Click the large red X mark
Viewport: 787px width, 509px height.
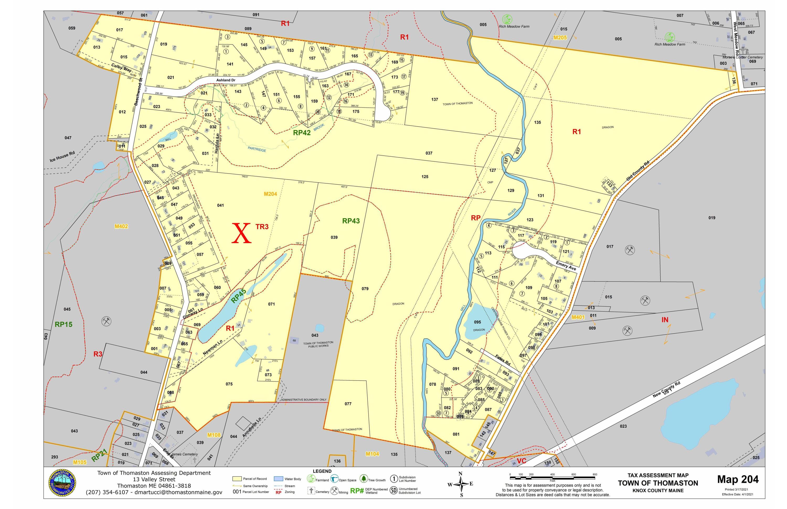coord(241,233)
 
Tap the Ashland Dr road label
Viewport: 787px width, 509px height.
coord(226,80)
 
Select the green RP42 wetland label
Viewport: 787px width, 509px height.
coord(302,132)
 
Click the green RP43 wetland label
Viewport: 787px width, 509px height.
coord(350,221)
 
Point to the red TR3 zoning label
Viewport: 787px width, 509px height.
coord(262,227)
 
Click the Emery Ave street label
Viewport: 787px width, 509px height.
coord(566,266)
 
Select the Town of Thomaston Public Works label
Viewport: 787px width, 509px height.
coord(318,344)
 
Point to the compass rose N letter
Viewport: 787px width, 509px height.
coord(460,474)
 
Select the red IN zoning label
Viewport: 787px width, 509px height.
coord(665,320)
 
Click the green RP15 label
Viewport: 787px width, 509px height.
coord(63,325)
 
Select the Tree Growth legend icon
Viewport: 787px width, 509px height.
coord(364,479)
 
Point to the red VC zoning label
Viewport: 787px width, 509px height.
coord(521,461)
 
